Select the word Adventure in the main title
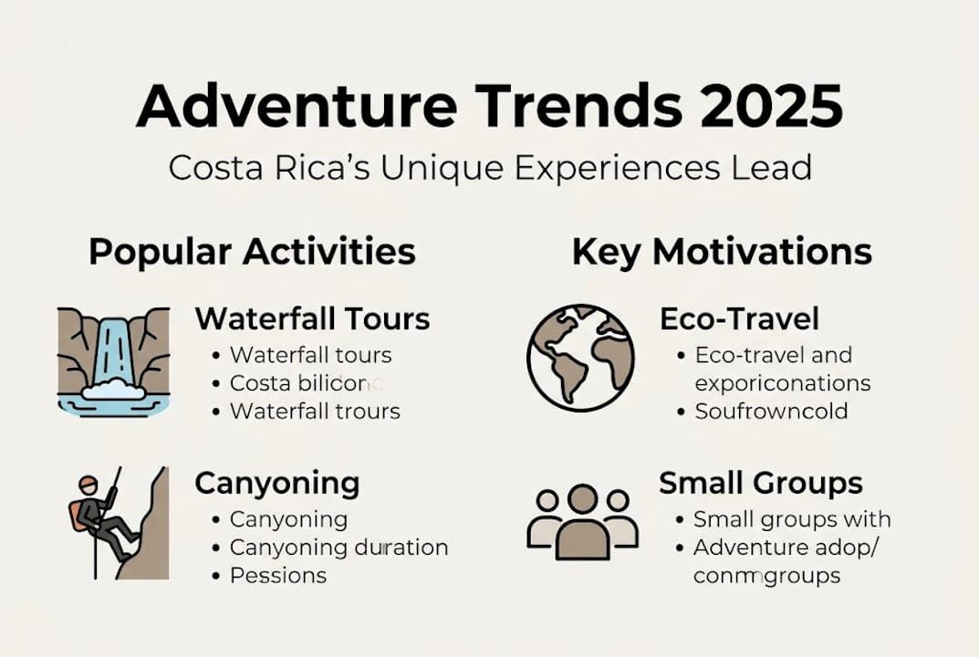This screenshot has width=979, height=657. [297, 107]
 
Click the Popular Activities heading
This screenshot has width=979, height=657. [252, 252]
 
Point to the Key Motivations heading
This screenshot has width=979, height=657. [722, 252]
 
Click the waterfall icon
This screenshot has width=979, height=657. [113, 361]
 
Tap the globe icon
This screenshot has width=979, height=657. [580, 359]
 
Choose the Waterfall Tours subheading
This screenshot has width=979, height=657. [312, 318]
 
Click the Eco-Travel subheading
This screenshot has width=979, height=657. [739, 318]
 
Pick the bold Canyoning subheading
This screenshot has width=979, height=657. [276, 483]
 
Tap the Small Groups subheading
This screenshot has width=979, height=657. [761, 483]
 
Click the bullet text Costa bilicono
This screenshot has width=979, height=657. [307, 383]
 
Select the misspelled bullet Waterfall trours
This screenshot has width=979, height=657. [315, 412]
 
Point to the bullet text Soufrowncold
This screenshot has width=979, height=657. [771, 412]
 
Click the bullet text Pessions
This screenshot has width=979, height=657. [277, 576]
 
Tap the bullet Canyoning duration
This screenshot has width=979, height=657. [338, 547]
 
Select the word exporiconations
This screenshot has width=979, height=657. [783, 383]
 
